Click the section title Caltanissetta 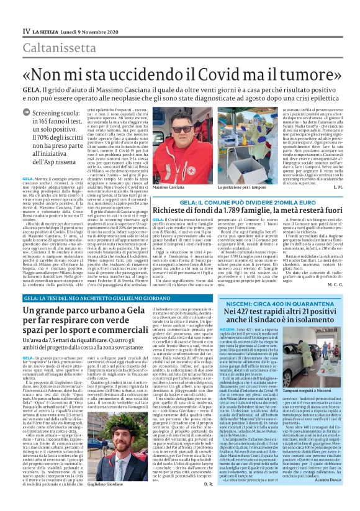pos(60,47)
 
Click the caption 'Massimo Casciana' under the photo pos(169,186)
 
